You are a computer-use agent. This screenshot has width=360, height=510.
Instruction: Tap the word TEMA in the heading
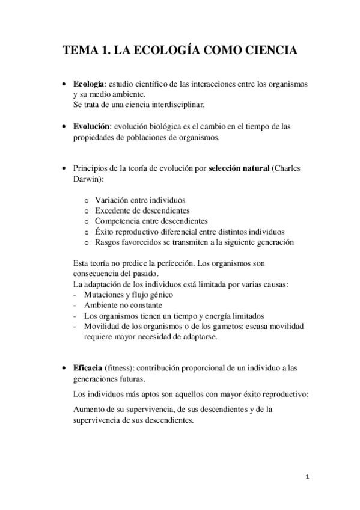84,51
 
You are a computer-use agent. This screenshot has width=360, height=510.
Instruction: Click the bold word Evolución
91,127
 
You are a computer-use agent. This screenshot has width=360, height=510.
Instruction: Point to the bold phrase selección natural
239,169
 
